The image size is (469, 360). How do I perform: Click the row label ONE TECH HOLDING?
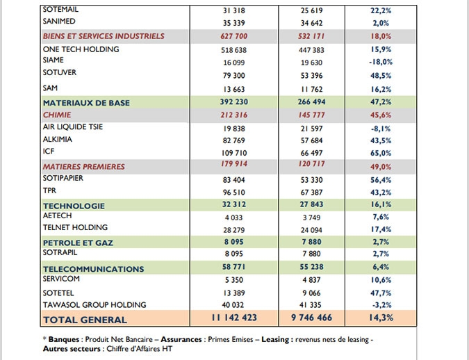81,49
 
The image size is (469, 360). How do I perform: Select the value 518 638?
234,50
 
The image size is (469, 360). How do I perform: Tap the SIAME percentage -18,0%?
381,62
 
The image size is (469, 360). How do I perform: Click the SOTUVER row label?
60,72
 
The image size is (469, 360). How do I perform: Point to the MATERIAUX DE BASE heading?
86,103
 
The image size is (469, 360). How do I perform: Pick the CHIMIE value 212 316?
234,115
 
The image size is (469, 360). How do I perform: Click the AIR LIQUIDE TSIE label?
73,127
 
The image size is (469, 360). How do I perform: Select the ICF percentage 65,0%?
381,153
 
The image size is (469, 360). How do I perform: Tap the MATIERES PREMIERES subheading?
84,167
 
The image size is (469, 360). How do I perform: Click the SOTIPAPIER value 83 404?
234,180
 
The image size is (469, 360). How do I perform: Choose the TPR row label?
49,190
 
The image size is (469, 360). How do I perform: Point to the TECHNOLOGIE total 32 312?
234,204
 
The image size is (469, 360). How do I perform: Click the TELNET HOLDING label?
75,227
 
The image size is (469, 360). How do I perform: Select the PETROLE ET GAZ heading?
78,243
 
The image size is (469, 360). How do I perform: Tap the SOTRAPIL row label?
60,252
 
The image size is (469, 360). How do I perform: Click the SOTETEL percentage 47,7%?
381,293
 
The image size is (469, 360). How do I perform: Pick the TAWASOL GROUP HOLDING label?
94,305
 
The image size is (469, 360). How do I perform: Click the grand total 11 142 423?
234,318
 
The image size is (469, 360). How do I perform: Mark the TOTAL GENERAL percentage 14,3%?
381,318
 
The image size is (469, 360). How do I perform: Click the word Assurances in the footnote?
181,339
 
